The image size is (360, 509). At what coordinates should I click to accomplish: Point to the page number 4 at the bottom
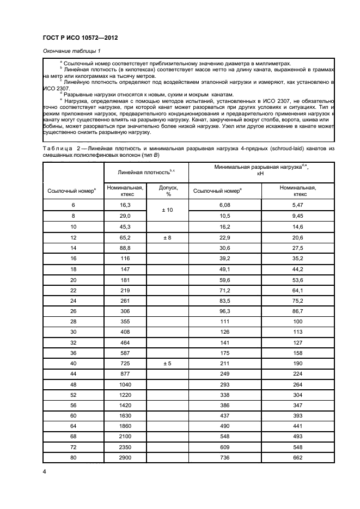[45, 471]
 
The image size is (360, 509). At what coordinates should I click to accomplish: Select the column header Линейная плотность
[147, 171]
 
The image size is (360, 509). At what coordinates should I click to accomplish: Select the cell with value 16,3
[125, 205]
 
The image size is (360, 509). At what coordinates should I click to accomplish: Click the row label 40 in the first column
[73, 362]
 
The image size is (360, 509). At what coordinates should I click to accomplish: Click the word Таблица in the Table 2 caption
[56, 149]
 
